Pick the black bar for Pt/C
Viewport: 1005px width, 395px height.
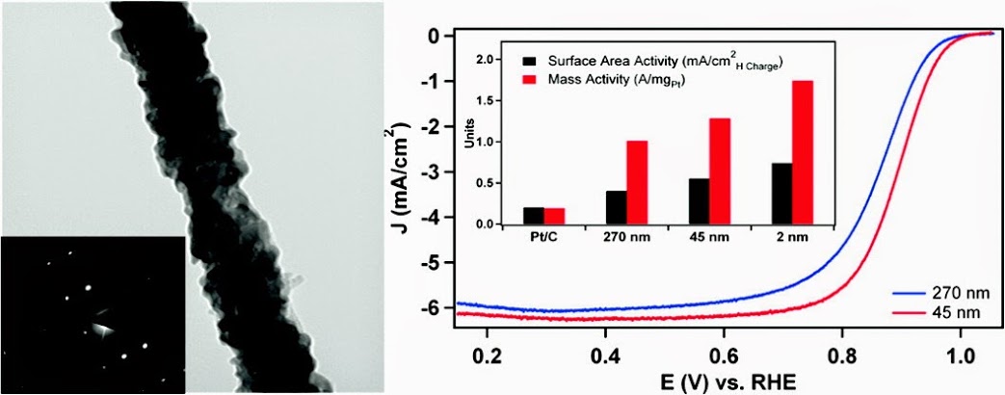click(533, 216)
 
